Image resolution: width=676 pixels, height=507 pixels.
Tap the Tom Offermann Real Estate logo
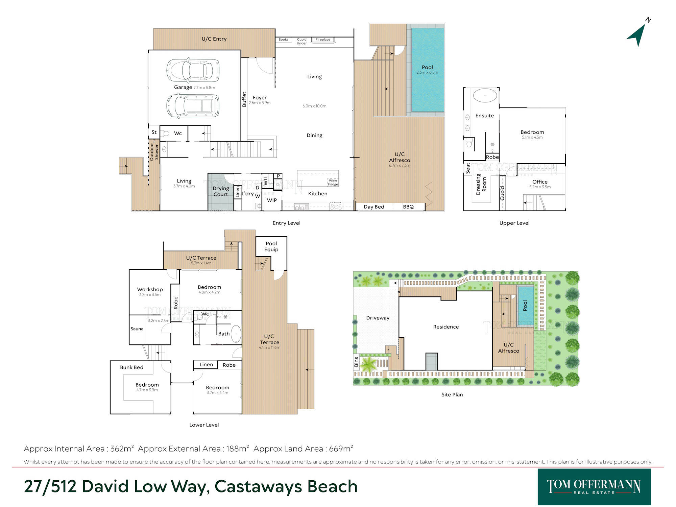coord(594,487)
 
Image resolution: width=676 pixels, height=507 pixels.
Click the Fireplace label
coord(323,40)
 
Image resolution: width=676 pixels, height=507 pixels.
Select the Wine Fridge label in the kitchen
coord(333,182)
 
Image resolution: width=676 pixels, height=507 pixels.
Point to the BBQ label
coord(408,207)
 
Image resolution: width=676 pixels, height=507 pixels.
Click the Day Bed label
coord(374,207)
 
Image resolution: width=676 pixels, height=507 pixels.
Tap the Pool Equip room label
coord(271,246)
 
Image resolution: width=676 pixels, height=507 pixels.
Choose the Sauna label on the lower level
coord(137,329)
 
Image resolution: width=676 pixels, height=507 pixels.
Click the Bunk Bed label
coord(131,367)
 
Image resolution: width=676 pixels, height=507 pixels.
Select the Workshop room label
coord(150,289)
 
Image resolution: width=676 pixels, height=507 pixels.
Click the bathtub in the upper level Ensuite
coord(485,96)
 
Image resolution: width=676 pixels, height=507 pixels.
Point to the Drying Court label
coord(221,191)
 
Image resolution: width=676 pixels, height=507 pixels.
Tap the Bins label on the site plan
coord(356,362)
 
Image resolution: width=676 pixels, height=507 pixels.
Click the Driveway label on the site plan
coord(378,318)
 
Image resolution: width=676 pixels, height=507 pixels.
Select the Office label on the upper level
coord(540,182)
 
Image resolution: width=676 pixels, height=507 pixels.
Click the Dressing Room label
coord(481,185)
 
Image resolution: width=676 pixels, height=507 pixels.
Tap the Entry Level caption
coord(286,223)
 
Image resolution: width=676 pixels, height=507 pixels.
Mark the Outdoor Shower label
coord(154,152)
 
